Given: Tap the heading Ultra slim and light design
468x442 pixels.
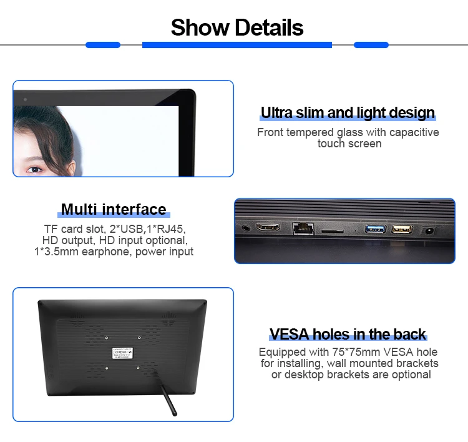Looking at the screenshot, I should (x=348, y=113).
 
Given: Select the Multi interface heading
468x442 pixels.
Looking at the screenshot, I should (x=114, y=209).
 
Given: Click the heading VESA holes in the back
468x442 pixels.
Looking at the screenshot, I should (x=348, y=334).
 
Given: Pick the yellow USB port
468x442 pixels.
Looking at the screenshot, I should (x=401, y=229).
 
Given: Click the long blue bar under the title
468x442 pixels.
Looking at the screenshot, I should (x=237, y=45).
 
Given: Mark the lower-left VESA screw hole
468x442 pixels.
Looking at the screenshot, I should (x=107, y=368).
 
